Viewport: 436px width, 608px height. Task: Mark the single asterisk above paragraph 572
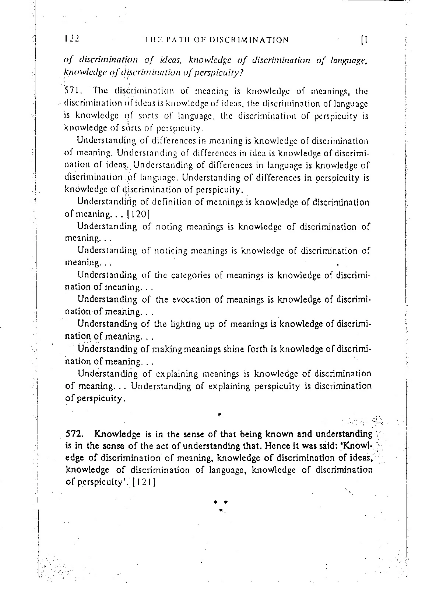point(219,415)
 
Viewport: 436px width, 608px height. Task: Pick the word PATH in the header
point(176,40)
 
